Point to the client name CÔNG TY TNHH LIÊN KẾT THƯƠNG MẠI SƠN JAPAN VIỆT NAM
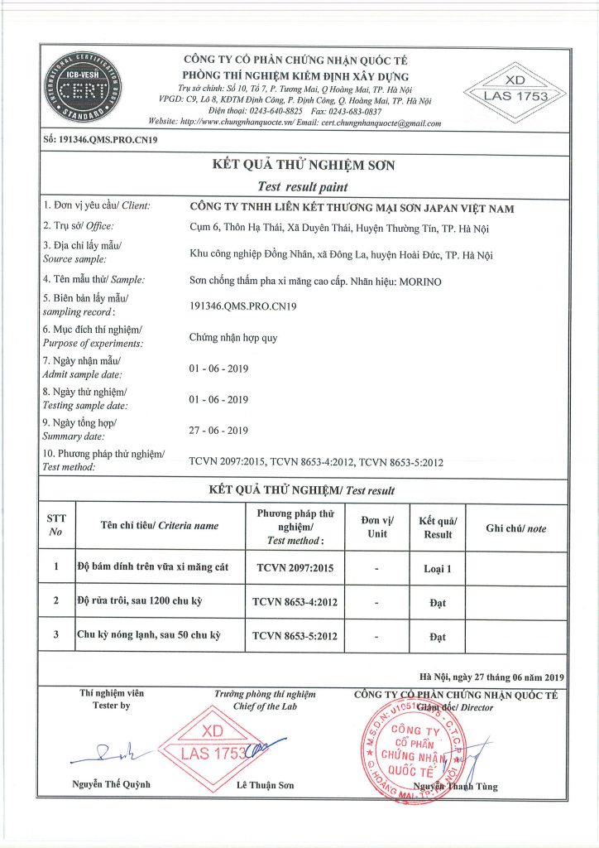pos(352,208)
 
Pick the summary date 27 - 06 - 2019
pos(218,430)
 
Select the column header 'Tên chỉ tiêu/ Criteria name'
pos(160,526)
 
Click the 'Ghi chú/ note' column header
pos(515,528)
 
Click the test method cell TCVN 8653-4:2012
pos(295,603)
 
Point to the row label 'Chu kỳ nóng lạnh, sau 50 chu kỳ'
pos(151,636)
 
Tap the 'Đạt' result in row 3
pos(438,637)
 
